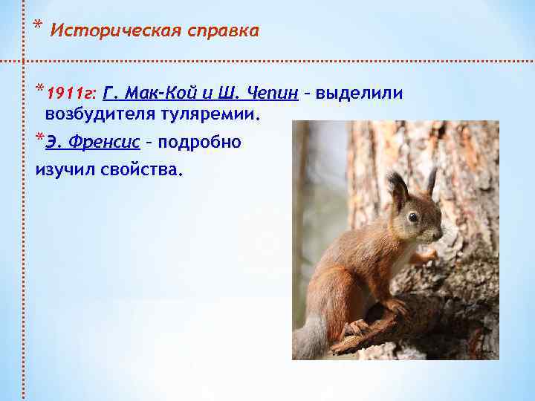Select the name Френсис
(x=108, y=142)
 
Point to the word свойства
(x=143, y=170)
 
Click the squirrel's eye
(x=412, y=217)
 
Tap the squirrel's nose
(x=440, y=232)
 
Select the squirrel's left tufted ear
(x=397, y=186)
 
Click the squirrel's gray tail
(x=311, y=338)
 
